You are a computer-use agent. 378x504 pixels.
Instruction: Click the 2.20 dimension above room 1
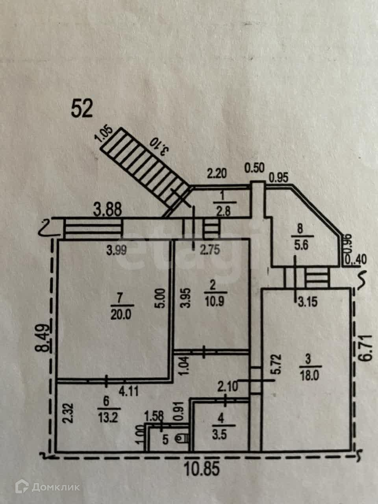tap(217, 173)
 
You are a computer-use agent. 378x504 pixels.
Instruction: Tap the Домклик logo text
tap(56, 487)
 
